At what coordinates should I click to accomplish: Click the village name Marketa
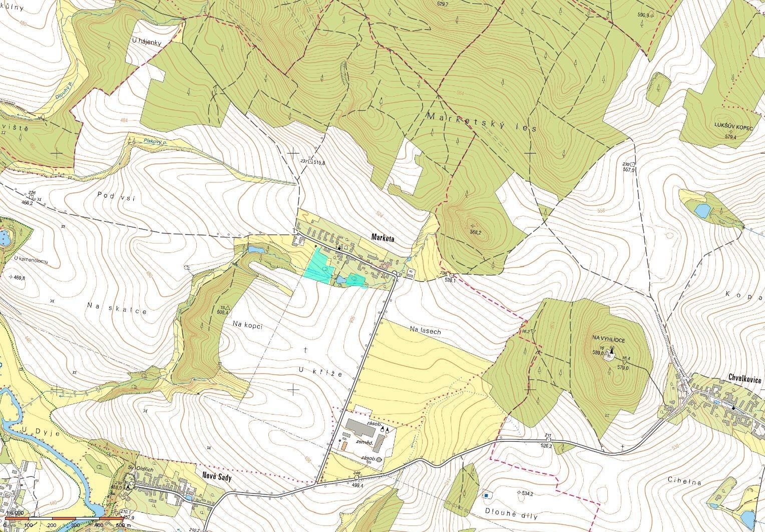pyautogui.click(x=382, y=238)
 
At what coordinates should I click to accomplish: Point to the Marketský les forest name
pyautogui.click(x=482, y=122)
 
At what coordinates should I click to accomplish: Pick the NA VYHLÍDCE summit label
pyautogui.click(x=608, y=339)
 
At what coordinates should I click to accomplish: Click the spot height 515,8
pyautogui.click(x=319, y=162)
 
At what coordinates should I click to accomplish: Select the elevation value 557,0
pyautogui.click(x=629, y=170)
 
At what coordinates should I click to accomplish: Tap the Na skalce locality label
pyautogui.click(x=117, y=308)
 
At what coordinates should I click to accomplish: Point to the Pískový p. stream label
pyautogui.click(x=155, y=143)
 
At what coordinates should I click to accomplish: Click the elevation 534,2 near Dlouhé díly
pyautogui.click(x=524, y=493)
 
